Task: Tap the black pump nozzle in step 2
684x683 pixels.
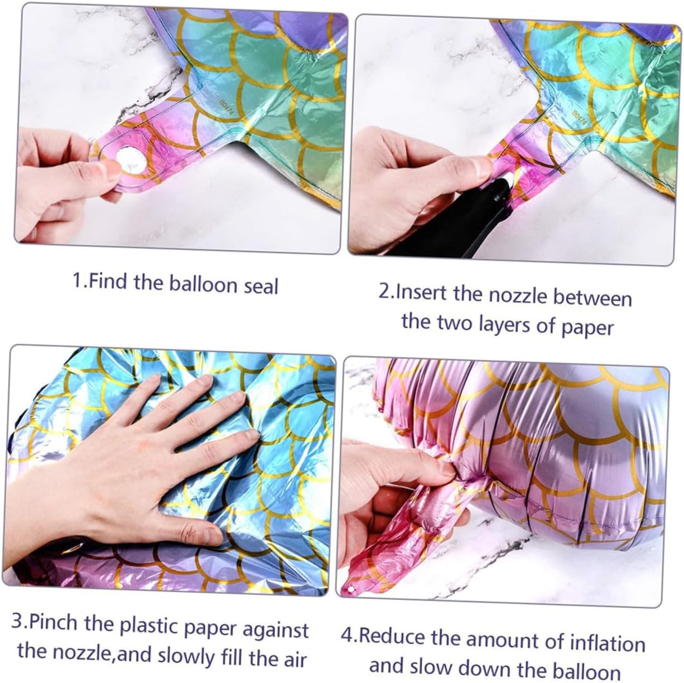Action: pyautogui.click(x=458, y=218)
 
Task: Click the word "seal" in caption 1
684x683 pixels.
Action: pyautogui.click(x=261, y=286)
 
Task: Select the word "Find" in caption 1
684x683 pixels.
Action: pyautogui.click(x=108, y=281)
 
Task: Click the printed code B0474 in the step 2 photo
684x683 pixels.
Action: pyautogui.click(x=579, y=119)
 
